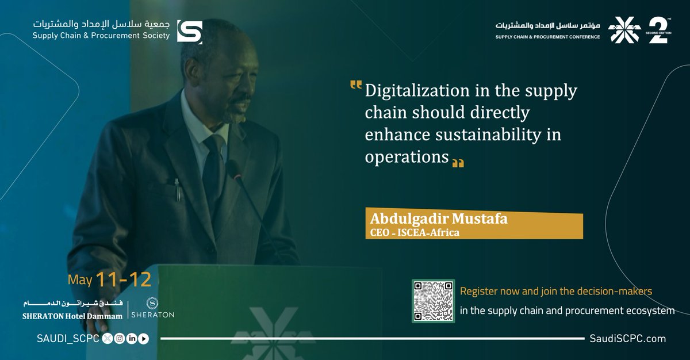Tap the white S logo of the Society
point(189,32)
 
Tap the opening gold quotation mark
point(356,87)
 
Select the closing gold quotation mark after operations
point(458,163)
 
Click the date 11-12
point(124,280)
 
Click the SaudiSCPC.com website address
point(627,339)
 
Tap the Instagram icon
point(120,339)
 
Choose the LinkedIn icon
point(132,339)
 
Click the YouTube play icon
point(143,339)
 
